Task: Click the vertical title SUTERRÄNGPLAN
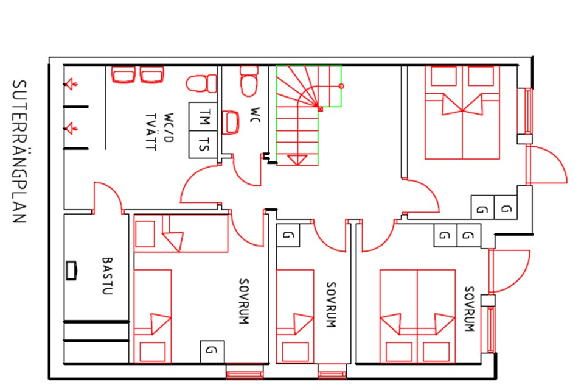(19, 152)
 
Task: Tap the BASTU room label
(107, 276)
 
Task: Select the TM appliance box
(203, 116)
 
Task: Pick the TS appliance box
(203, 144)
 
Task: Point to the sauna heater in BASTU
(71, 271)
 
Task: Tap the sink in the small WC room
(231, 122)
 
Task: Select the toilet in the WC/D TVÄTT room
(201, 83)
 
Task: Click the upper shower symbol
(71, 84)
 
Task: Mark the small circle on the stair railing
(341, 86)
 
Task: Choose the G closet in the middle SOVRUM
(288, 235)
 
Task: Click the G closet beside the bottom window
(212, 351)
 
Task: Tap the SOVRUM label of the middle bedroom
(331, 305)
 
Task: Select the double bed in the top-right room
(462, 113)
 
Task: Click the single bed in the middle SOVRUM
(295, 316)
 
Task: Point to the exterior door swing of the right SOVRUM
(510, 271)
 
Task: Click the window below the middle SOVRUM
(332, 372)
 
